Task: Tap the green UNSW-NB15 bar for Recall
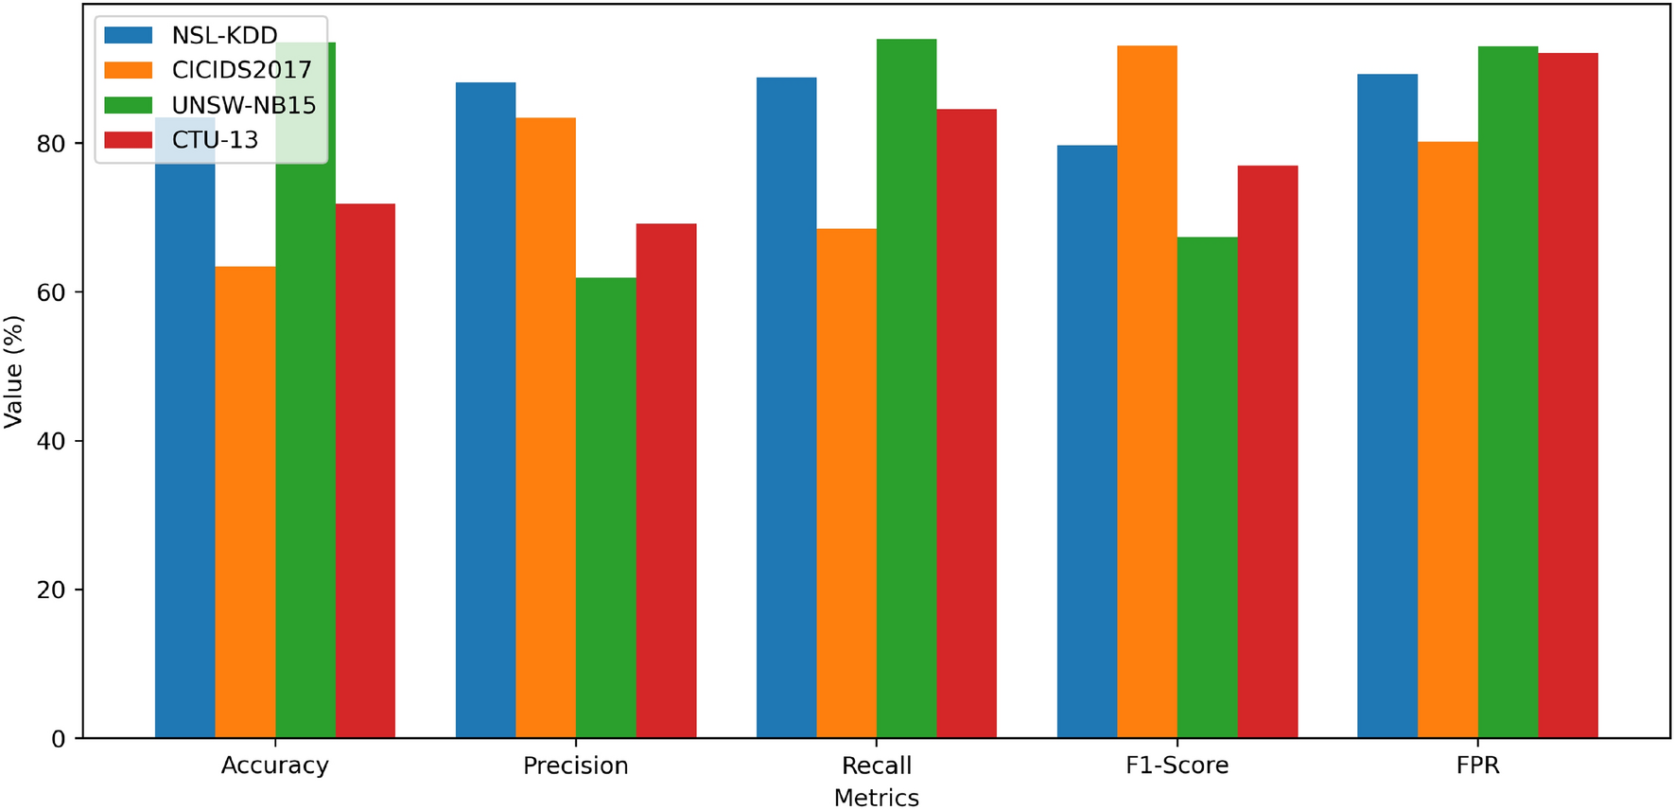[906, 388]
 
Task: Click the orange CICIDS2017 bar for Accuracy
[245, 502]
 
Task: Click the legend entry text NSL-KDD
[224, 36]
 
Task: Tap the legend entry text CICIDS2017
[241, 70]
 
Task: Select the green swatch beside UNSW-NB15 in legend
[128, 105]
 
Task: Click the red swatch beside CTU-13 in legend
[128, 140]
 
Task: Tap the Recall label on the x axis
[877, 765]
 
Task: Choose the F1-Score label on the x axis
[1177, 765]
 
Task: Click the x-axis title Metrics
[876, 797]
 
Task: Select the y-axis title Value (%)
[13, 372]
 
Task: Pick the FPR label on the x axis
[1477, 765]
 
